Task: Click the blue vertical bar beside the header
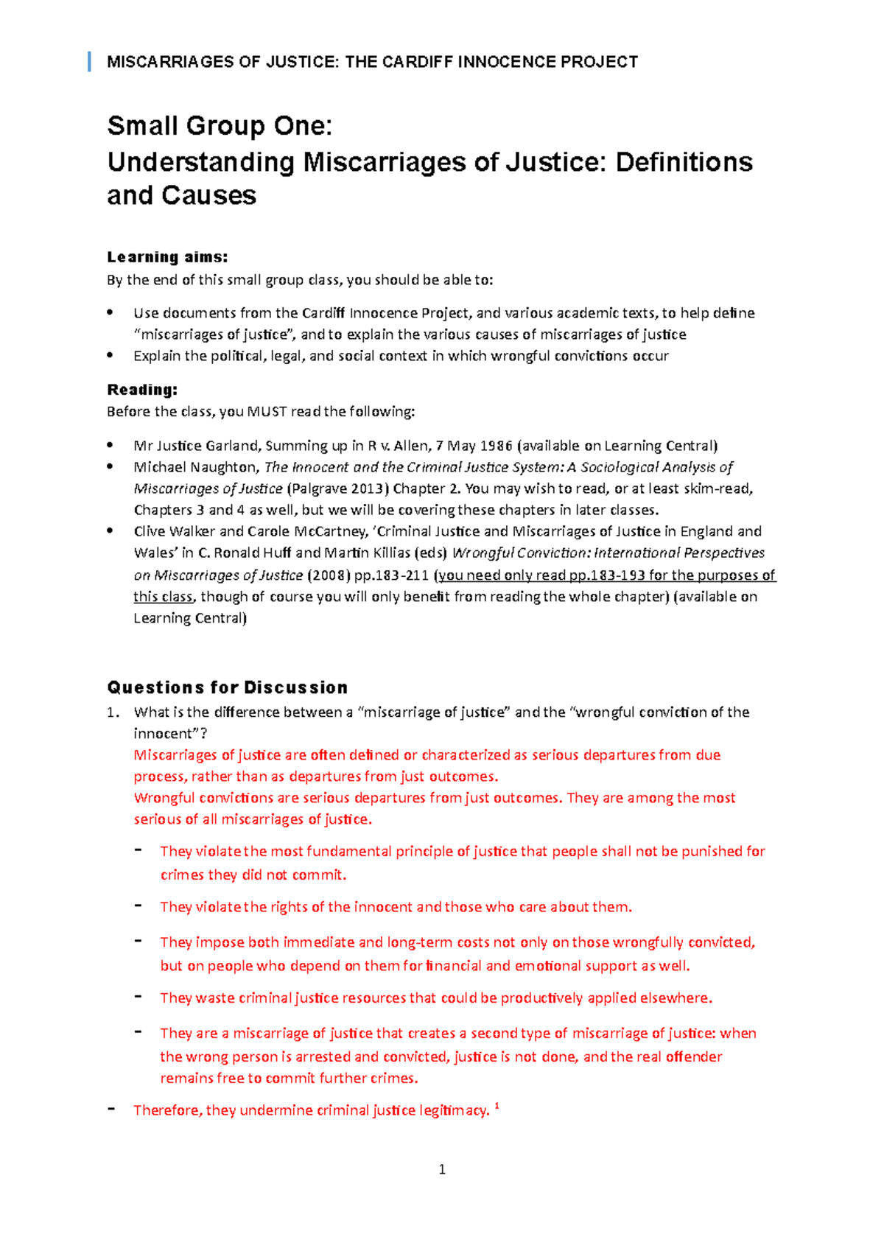(89, 62)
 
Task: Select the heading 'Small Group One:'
(220, 126)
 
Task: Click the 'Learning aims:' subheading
(167, 257)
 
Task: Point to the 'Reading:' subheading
(142, 390)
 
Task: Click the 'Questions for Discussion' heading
(227, 687)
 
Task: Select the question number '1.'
(113, 712)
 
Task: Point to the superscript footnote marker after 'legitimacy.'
(497, 1106)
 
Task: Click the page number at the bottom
(442, 1169)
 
